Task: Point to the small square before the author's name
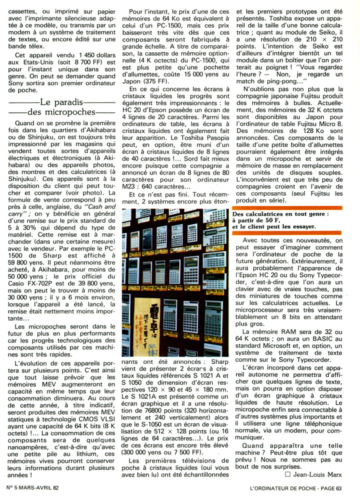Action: pos(287,486)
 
